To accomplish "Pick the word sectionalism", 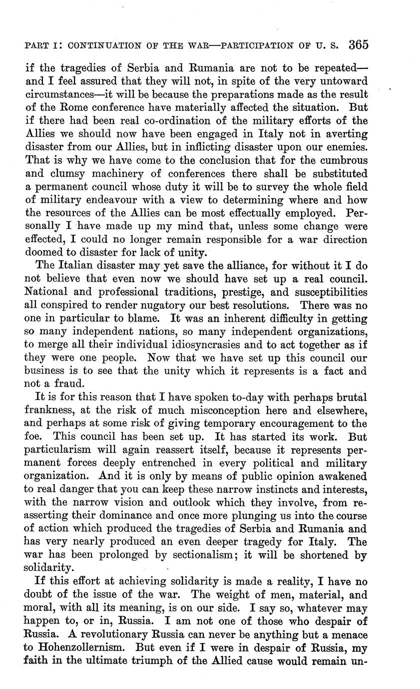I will tap(215, 555).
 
